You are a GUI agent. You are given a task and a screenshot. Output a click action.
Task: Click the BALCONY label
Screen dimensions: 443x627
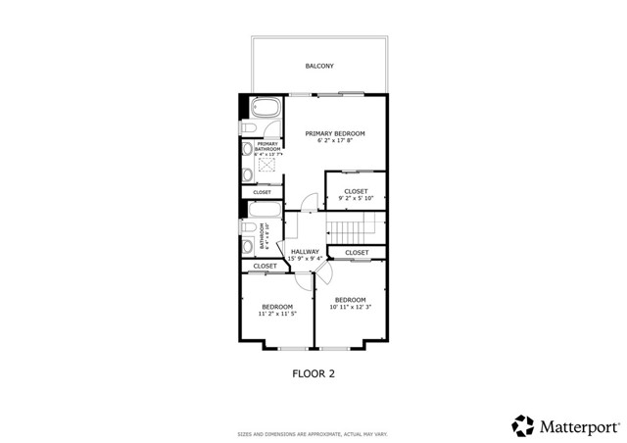pyautogui.click(x=318, y=66)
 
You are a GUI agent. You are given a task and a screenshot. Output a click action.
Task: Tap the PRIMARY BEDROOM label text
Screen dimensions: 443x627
pyautogui.click(x=335, y=133)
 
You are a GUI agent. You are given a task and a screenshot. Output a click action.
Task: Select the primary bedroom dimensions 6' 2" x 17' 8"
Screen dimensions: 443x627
pyautogui.click(x=335, y=141)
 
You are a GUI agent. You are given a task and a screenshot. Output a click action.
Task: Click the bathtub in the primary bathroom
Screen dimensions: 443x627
pyautogui.click(x=263, y=107)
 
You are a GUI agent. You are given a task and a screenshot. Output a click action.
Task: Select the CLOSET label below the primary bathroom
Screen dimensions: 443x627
pyautogui.click(x=262, y=192)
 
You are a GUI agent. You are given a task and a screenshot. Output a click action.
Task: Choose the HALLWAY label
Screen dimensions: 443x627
pyautogui.click(x=304, y=252)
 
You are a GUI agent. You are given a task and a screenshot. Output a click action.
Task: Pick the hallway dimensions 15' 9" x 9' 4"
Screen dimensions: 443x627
pyautogui.click(x=304, y=259)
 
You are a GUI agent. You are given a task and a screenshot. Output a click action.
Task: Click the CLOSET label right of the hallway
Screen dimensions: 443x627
pyautogui.click(x=357, y=253)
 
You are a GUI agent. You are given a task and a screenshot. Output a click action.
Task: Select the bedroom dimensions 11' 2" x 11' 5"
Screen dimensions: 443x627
pyautogui.click(x=277, y=315)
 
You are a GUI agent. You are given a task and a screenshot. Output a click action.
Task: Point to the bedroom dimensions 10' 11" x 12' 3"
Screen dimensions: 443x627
pyautogui.click(x=350, y=308)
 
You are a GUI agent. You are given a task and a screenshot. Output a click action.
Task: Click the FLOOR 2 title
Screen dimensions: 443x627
pyautogui.click(x=314, y=372)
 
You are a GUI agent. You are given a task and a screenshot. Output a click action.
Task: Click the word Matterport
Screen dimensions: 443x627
pyautogui.click(x=576, y=424)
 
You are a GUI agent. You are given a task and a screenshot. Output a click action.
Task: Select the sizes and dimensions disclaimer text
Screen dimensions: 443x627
pyautogui.click(x=313, y=433)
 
